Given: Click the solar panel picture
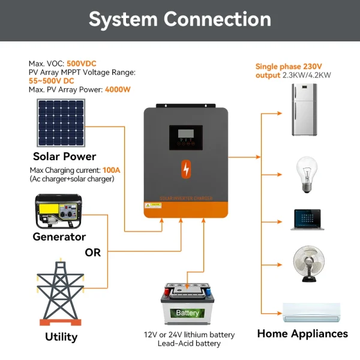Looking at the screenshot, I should point(60,123).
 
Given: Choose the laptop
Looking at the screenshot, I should point(306,220).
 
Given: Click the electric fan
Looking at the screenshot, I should point(308,263).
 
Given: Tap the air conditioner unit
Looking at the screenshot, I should point(311,311).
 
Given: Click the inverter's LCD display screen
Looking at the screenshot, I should point(185,137).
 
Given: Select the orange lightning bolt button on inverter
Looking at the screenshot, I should point(186,169).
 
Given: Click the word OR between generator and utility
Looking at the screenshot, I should point(93,253).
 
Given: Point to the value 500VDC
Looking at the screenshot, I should point(82,64).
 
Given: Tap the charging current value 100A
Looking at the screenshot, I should point(112,170).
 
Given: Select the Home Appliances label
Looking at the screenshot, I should point(302,334).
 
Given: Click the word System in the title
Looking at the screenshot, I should point(122,19).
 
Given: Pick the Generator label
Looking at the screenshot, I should point(59,237).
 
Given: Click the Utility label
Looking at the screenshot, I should point(61,337).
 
